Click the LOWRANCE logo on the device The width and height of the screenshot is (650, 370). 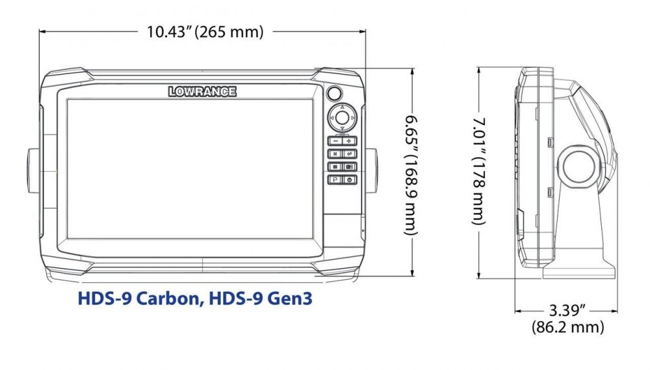[x=202, y=91]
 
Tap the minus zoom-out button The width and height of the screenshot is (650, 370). [x=335, y=141]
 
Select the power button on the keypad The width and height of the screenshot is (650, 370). [x=350, y=179]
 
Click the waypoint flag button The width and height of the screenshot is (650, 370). [x=335, y=179]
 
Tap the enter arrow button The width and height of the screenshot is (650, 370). [x=350, y=154]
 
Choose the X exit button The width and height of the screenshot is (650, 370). [x=335, y=154]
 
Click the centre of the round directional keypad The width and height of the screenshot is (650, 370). [x=342, y=118]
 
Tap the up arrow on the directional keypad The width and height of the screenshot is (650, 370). [x=342, y=107]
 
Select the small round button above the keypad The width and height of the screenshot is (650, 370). [x=333, y=94]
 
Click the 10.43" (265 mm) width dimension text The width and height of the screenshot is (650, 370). [x=205, y=32]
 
